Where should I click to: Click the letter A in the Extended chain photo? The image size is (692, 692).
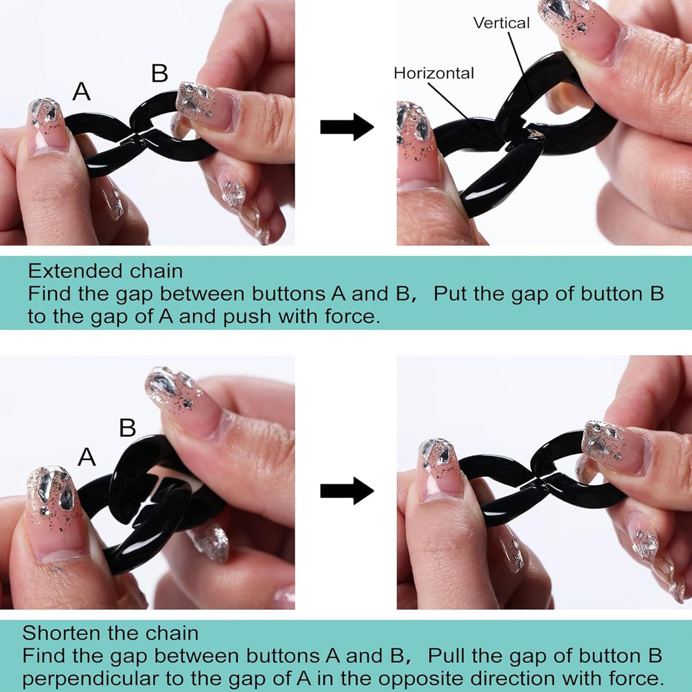click(x=81, y=91)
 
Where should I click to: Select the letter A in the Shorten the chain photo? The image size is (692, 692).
click(x=87, y=457)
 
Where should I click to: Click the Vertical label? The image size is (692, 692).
click(x=501, y=23)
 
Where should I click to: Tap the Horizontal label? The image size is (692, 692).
click(x=434, y=73)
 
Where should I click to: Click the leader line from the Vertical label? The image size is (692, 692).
click(x=521, y=65)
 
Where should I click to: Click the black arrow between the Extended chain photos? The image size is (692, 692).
click(x=347, y=127)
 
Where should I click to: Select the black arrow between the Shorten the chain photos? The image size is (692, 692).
click(x=347, y=490)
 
